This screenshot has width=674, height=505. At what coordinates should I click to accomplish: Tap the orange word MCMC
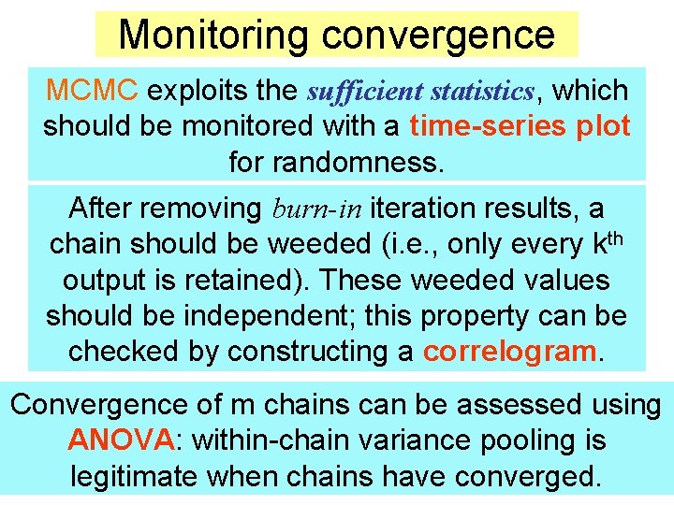coord(92,91)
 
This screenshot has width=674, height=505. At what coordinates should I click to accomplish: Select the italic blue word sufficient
coord(368,92)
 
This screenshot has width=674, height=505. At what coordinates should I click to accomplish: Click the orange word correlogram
coord(509,352)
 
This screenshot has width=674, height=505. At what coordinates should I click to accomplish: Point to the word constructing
coord(309,352)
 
